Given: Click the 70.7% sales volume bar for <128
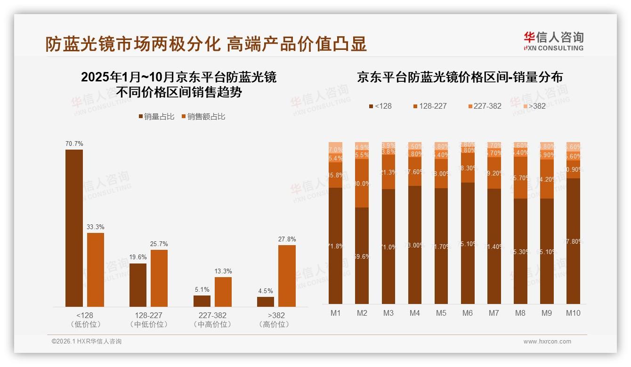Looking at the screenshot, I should (74, 228).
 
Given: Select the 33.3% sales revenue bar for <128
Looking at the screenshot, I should (96, 270).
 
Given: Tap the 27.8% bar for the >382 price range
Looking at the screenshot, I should (287, 276).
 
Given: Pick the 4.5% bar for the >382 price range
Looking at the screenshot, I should (266, 302).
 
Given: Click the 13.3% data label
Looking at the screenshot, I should (223, 271).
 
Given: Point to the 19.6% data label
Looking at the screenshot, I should (138, 257).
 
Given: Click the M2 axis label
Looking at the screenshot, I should (362, 313).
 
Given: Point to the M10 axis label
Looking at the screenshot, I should (573, 313).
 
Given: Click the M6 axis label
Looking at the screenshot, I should (468, 313).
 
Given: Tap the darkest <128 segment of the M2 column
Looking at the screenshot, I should (362, 255).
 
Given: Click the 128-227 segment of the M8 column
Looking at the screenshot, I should (520, 177).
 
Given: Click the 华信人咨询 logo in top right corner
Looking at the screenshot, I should (553, 41).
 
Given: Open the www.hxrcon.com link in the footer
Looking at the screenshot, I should (547, 342).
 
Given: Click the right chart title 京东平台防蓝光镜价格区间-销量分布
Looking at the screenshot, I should (460, 77).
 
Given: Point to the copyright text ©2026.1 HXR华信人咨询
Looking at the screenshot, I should (86, 342).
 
